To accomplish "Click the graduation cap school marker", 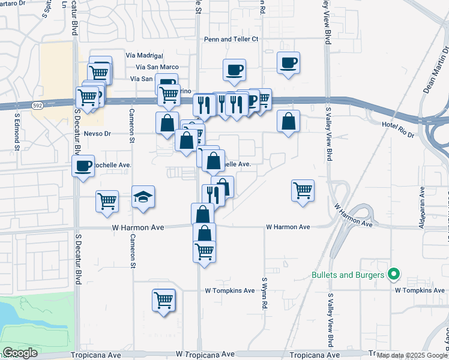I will (x=143, y=197).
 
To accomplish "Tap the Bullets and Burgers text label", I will (x=348, y=275).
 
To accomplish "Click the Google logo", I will (x=20, y=353).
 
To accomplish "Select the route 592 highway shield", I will (x=38, y=106).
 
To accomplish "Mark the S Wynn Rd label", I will (x=264, y=293).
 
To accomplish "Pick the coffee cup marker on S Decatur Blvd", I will (x=83, y=166).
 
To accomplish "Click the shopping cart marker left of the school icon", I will (x=107, y=201).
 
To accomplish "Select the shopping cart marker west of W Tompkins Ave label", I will (x=163, y=300).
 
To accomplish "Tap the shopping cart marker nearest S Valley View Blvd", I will (x=303, y=191).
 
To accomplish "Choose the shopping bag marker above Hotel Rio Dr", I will (x=289, y=121).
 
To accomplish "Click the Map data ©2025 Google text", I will (x=411, y=355).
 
